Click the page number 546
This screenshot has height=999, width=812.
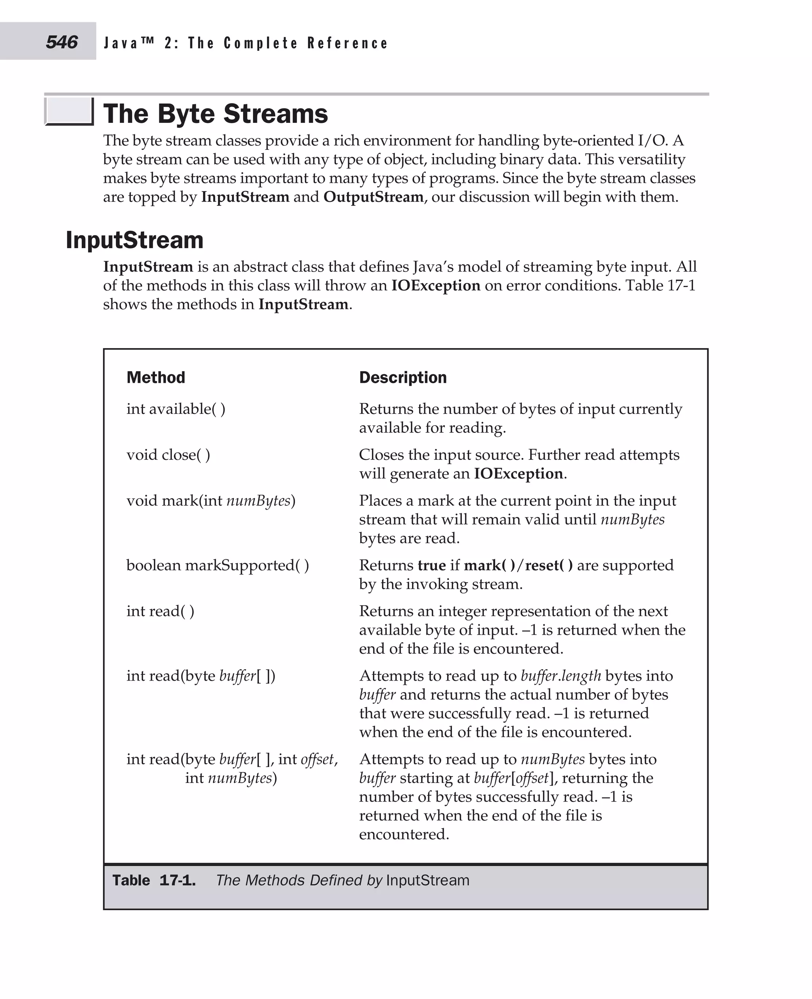coord(61,42)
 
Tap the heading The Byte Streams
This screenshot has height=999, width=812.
coord(215,114)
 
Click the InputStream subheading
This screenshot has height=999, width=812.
coord(135,240)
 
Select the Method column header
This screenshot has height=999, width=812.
coord(156,377)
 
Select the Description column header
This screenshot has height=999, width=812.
coord(403,377)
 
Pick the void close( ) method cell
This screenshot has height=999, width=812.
coord(169,455)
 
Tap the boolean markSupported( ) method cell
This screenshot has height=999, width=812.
coord(218,565)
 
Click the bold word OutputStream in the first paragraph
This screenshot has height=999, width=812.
coord(373,197)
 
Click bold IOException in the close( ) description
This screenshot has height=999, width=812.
coord(518,474)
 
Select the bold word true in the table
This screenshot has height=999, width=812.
coord(431,565)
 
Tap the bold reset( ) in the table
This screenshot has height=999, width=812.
coord(549,565)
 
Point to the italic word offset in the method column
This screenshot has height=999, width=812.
coord(318,759)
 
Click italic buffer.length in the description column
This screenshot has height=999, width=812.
coord(560,676)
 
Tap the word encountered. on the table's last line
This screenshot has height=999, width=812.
coord(404,834)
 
